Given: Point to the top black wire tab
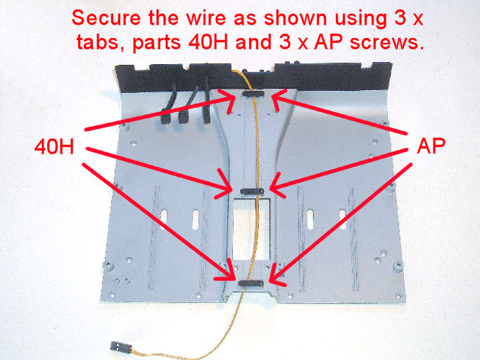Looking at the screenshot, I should point(252,93).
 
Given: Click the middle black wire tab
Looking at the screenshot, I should point(251,190).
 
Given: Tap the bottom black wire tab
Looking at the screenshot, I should point(252,283).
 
